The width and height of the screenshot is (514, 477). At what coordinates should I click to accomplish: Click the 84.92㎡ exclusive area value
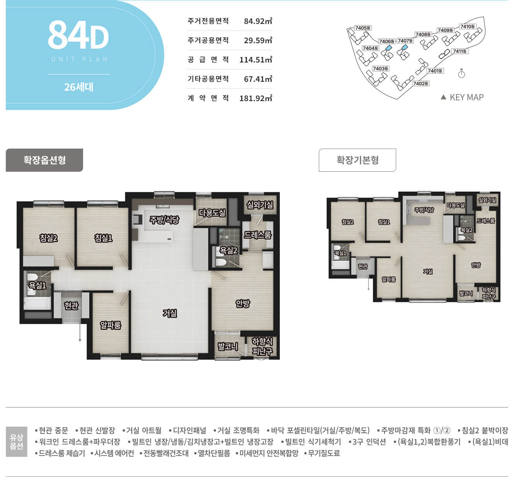258,21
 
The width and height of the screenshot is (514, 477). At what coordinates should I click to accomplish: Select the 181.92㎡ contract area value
256,98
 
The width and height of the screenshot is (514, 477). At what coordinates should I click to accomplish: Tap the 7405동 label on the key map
363,28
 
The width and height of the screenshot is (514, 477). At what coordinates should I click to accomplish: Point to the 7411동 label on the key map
460,51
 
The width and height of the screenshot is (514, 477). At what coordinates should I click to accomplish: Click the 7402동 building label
421,83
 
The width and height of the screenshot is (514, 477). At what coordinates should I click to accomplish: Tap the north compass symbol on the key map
461,74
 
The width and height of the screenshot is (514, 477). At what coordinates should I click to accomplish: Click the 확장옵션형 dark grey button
44,160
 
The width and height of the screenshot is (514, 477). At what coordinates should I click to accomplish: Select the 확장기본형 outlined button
357,160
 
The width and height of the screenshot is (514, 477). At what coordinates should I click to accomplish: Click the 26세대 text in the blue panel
79,87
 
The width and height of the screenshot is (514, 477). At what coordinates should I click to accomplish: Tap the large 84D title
78,35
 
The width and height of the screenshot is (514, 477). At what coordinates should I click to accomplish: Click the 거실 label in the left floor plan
170,313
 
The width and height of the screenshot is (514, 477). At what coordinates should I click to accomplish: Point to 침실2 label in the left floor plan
48,238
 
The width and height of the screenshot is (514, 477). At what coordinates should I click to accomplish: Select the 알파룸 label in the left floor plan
111,325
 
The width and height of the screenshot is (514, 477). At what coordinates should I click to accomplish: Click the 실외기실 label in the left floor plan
260,205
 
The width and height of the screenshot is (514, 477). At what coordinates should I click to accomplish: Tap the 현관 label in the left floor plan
71,306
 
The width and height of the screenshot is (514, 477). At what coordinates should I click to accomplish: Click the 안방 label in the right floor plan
476,265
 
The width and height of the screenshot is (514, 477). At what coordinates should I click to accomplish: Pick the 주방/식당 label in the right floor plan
424,210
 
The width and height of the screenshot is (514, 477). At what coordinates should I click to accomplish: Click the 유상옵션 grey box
17,441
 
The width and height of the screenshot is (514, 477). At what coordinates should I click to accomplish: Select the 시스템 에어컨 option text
112,453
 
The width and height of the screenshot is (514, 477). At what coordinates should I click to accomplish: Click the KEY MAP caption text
466,97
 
